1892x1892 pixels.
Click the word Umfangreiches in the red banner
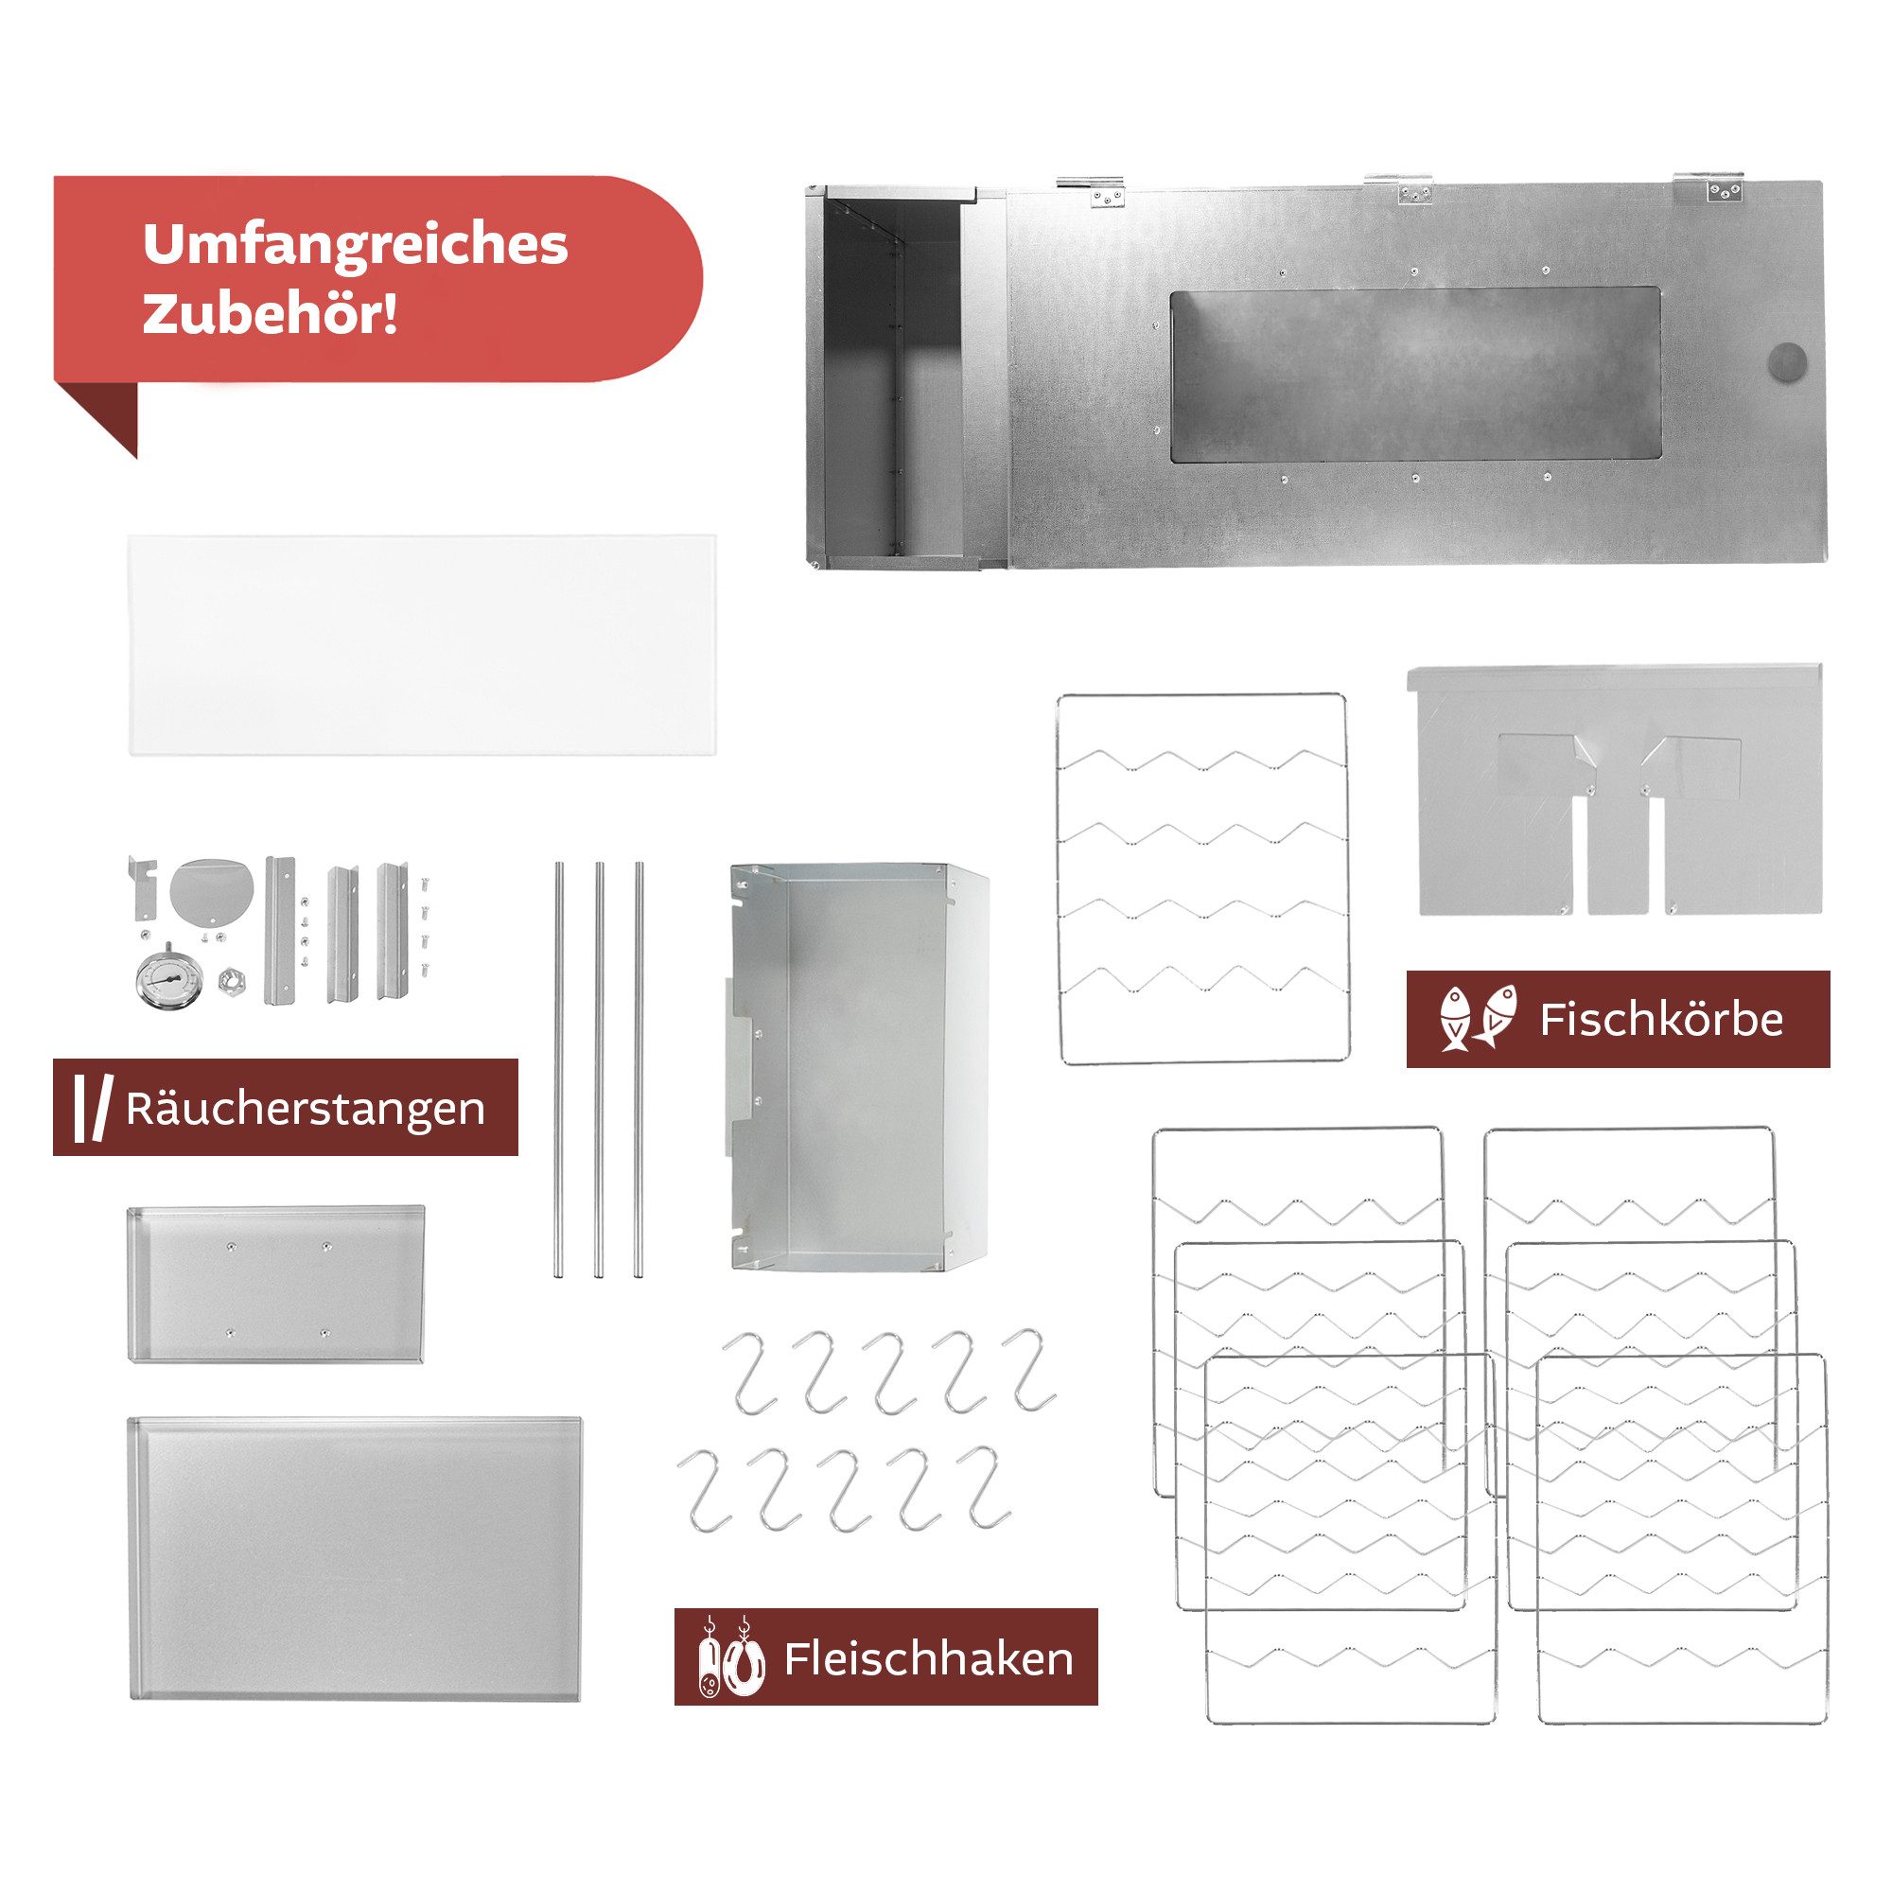pyautogui.click(x=355, y=245)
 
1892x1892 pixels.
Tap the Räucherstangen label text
pyautogui.click(x=305, y=1110)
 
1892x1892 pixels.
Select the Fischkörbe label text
pyautogui.click(x=1661, y=1020)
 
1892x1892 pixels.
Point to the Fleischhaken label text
pyautogui.click(x=928, y=1659)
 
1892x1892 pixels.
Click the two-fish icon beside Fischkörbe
pyautogui.click(x=1478, y=1019)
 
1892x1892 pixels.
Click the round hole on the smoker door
pyautogui.click(x=1788, y=362)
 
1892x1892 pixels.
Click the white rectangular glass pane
pyautogui.click(x=421, y=644)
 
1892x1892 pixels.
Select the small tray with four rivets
pyautogui.click(x=275, y=1283)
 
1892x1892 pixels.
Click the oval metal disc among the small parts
pyautogui.click(x=212, y=890)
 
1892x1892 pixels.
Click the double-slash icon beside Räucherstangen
pyautogui.click(x=91, y=1109)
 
